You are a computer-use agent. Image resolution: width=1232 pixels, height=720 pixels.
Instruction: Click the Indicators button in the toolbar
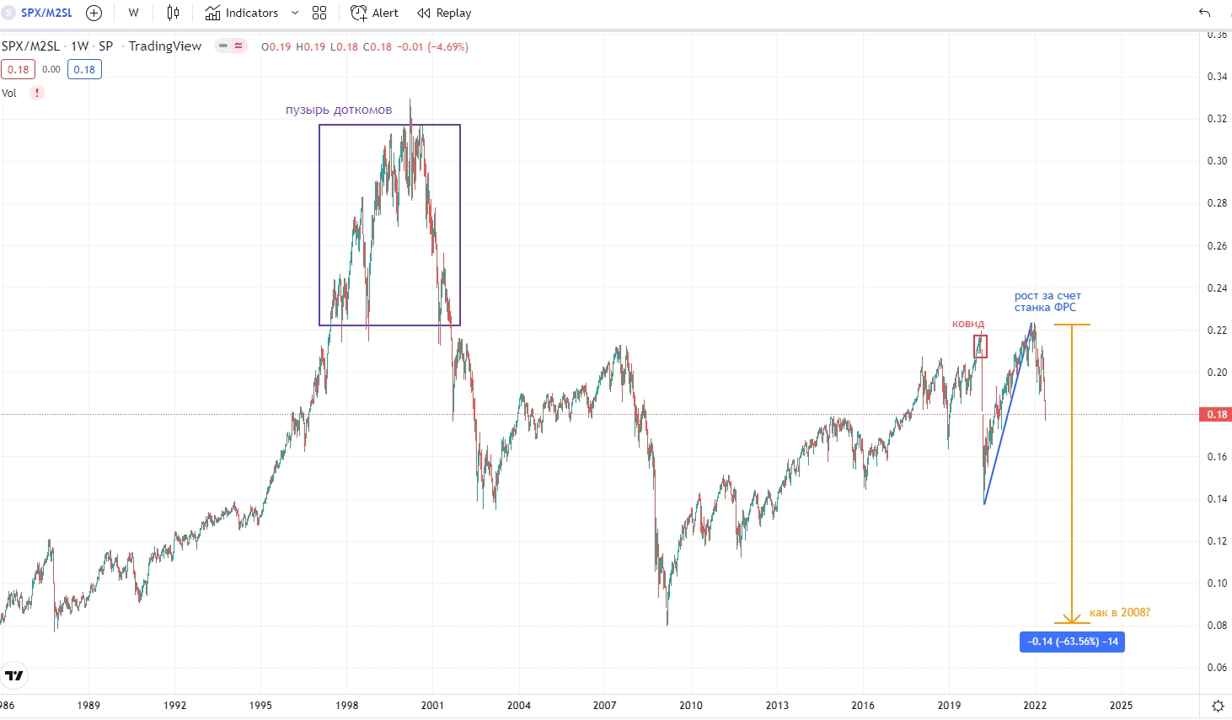click(242, 13)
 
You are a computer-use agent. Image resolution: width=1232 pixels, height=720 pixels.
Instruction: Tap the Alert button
click(375, 13)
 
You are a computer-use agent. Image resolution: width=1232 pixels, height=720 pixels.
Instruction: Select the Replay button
click(444, 13)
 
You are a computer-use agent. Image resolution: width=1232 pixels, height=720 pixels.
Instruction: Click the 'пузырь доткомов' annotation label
click(339, 110)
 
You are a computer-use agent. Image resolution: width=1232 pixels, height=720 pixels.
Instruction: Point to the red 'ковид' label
click(967, 324)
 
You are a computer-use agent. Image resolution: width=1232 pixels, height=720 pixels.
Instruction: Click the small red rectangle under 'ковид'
click(980, 347)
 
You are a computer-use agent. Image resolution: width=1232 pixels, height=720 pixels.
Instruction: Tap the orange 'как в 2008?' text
click(1119, 613)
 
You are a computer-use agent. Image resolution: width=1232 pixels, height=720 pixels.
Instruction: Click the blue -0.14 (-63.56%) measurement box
click(1072, 642)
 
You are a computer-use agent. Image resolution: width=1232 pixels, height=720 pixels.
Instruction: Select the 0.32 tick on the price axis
click(1217, 119)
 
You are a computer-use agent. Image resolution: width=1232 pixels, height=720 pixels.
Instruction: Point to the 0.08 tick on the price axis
click(1217, 626)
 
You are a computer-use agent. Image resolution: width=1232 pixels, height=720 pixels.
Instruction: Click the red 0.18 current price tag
click(1216, 415)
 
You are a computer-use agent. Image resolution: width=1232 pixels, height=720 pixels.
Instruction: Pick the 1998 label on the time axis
click(346, 706)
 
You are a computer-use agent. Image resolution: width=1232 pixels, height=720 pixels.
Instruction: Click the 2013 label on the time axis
click(777, 706)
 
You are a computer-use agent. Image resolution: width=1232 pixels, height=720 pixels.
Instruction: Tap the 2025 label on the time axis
click(1121, 706)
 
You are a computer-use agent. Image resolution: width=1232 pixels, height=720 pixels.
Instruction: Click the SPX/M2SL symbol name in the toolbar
click(46, 13)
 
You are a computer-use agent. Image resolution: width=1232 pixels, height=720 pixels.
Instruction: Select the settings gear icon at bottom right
click(1218, 706)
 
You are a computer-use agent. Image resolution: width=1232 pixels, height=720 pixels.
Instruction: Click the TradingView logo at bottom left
click(14, 675)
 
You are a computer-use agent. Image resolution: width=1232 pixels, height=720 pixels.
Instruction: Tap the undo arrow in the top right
click(1204, 13)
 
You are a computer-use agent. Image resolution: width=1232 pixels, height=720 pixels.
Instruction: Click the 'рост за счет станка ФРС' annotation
click(1047, 302)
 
